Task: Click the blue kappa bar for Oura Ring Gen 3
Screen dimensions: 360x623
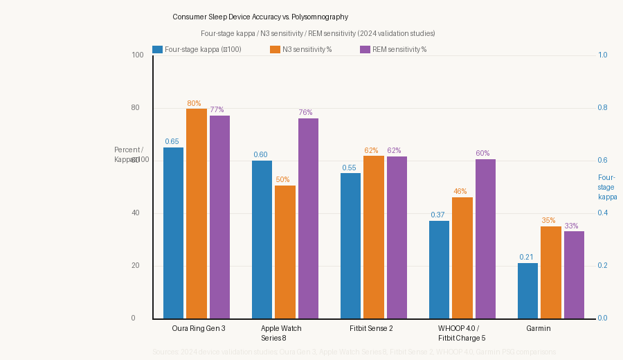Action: [173, 233]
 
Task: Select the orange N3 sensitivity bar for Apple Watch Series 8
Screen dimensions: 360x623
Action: [285, 252]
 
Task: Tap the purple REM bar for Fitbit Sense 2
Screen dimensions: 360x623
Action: [397, 237]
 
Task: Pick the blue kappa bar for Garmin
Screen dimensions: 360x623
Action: [527, 291]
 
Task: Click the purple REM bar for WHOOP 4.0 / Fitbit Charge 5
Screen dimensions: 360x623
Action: [485, 239]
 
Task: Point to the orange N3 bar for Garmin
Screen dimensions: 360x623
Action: [551, 272]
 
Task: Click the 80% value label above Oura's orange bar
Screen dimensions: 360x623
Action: [194, 103]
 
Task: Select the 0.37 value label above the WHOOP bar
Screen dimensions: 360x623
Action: [437, 215]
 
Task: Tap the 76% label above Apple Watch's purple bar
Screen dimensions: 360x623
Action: [305, 112]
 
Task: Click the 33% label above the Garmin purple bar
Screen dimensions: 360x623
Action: [571, 226]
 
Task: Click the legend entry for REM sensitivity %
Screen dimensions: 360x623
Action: [393, 49]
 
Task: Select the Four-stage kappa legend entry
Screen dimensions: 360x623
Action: [197, 49]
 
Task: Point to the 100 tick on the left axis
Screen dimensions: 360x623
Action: [137, 55]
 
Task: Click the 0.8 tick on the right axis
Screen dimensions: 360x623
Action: [602, 108]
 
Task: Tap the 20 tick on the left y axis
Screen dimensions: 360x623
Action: [135, 266]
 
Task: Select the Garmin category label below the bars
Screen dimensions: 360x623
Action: [539, 328]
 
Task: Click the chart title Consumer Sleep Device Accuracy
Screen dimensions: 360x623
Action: [260, 17]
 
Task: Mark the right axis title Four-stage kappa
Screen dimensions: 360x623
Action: [606, 187]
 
